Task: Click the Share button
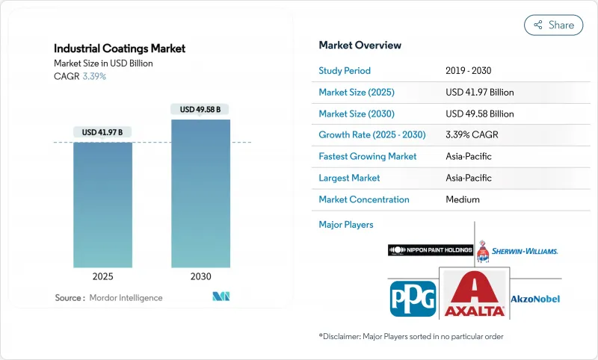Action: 554,25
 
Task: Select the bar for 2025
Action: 102,205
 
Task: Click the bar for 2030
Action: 200,194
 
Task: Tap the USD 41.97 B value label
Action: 102,132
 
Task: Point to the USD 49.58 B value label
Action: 200,109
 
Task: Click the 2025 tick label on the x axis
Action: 102,276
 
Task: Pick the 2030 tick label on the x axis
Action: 200,276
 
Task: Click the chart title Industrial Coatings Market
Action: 120,49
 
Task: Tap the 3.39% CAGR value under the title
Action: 93,76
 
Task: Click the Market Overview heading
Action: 360,45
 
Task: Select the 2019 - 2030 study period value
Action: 468,71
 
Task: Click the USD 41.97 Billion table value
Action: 479,93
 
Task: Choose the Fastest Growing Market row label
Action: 368,157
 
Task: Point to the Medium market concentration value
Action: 462,199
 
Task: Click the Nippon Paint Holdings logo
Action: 430,250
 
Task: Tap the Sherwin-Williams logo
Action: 517,250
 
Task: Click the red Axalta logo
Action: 474,295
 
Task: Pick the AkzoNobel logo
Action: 534,298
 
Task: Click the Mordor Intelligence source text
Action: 125,297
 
